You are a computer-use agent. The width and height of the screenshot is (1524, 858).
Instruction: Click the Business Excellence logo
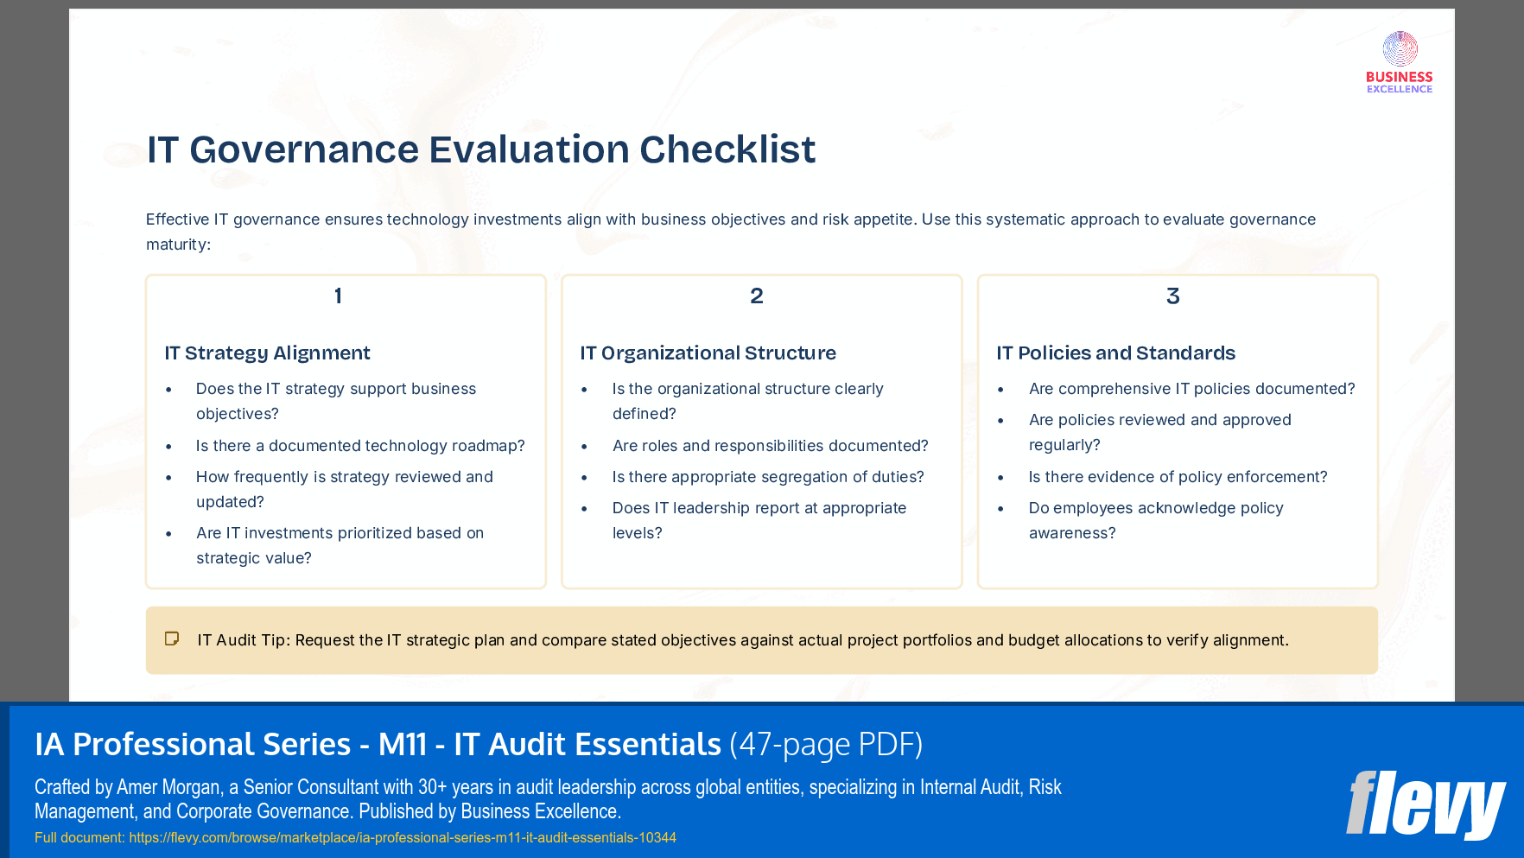coord(1399,62)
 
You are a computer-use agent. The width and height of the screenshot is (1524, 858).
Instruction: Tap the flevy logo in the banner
coord(1425,805)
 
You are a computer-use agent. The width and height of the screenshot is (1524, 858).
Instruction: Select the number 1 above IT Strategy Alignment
coord(338,296)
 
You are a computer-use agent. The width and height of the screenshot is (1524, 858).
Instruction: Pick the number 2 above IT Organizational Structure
coord(756,296)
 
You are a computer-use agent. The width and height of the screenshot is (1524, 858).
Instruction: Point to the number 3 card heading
coord(1172,296)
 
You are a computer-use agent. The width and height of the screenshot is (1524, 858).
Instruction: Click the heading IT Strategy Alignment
coord(267,353)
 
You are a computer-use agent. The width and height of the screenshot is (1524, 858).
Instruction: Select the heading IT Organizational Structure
coord(708,353)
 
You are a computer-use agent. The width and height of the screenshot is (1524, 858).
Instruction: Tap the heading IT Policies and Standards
coord(1115,353)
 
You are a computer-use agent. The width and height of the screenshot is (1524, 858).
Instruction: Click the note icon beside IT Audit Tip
coord(172,639)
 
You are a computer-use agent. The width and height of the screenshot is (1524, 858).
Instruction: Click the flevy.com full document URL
coord(402,837)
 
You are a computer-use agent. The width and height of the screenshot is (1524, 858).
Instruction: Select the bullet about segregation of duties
coord(767,477)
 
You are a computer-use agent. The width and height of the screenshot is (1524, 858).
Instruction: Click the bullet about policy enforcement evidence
coord(1177,477)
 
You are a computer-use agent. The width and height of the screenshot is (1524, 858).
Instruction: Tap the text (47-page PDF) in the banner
coord(825,744)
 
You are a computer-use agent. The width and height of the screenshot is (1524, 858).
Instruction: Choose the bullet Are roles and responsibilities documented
coord(769,446)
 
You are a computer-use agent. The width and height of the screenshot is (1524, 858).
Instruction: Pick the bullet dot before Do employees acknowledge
coord(1000,509)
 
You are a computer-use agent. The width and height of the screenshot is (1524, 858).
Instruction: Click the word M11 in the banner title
coord(403,744)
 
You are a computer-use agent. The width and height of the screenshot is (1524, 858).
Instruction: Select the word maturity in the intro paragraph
coord(176,245)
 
